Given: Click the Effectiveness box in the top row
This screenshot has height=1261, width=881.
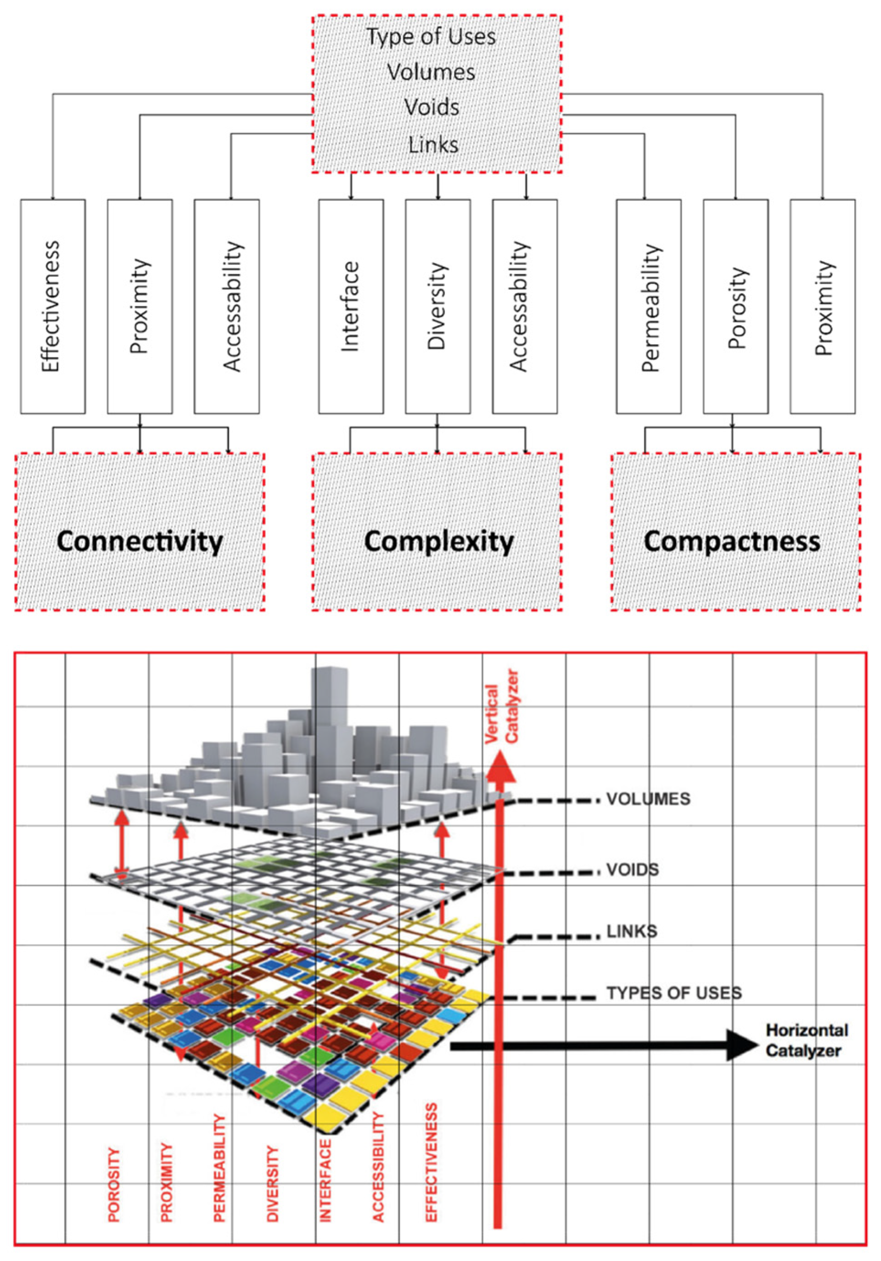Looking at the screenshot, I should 53,306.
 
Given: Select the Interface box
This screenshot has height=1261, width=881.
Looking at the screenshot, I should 351,306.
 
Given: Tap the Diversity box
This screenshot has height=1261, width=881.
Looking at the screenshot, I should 437,306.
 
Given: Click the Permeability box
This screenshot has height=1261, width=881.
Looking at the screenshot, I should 648,306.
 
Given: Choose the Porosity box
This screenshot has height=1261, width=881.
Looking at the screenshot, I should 736,306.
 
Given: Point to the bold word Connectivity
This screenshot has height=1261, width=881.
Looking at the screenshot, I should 139,541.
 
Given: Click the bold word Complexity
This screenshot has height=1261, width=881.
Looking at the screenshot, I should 438,541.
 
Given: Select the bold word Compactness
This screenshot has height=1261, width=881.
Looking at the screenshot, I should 732,541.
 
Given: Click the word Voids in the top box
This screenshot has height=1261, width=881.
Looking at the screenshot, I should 431,107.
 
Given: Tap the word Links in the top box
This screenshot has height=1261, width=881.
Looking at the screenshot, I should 433,145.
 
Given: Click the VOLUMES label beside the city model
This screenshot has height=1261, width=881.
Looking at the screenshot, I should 647,799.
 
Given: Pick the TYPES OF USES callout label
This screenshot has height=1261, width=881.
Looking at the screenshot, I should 674,993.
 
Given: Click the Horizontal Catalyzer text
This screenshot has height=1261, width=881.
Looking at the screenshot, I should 807,1040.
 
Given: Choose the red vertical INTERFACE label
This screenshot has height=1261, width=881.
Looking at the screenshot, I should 325,1179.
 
